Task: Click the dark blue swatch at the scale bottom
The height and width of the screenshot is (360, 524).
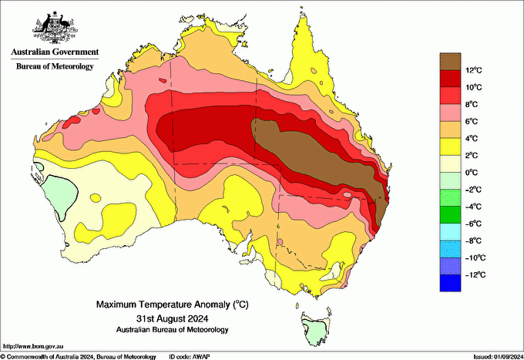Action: [450, 283]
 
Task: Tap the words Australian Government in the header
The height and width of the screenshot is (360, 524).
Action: [54, 52]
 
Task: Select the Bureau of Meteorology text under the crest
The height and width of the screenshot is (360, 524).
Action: [54, 66]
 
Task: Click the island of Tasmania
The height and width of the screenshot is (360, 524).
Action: [314, 328]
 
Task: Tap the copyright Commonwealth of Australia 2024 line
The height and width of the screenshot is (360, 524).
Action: [77, 356]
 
